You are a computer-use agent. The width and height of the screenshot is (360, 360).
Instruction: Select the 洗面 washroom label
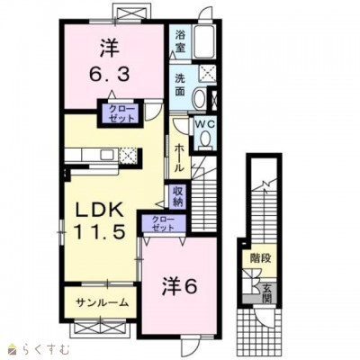[182, 85]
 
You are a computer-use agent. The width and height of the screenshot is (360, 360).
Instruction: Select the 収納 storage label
[179, 195]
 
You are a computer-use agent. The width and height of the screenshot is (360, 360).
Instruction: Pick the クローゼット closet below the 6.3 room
[116, 114]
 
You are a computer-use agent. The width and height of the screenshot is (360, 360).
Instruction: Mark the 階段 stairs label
[261, 258]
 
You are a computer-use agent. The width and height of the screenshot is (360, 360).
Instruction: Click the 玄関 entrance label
[266, 293]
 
